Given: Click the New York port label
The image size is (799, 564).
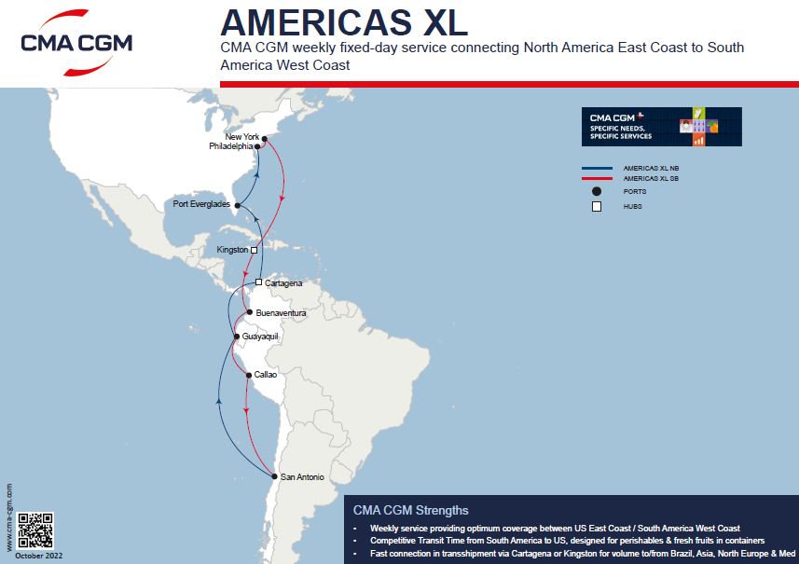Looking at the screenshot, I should [242, 137].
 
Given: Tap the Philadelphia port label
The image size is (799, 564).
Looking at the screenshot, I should [230, 146].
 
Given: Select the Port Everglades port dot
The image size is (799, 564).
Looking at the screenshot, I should [238, 205].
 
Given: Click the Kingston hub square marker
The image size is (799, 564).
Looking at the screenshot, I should [254, 250].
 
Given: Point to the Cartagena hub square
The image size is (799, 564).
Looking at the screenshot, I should [259, 282].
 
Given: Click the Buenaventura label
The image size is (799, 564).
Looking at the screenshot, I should [281, 313].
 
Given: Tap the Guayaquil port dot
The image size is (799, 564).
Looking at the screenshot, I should [237, 336].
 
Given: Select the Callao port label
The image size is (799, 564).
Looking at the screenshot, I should [266, 375].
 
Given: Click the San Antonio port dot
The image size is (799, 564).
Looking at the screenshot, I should [274, 476].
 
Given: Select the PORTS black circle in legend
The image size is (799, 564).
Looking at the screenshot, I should [597, 191].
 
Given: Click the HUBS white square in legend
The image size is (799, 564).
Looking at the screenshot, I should [597, 206].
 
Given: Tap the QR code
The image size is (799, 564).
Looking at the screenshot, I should [35, 530].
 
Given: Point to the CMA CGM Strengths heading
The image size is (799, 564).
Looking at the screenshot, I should [411, 510].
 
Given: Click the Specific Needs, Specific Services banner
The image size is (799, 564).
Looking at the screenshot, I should [661, 127].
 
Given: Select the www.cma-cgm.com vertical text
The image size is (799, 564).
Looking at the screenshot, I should [9, 516].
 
